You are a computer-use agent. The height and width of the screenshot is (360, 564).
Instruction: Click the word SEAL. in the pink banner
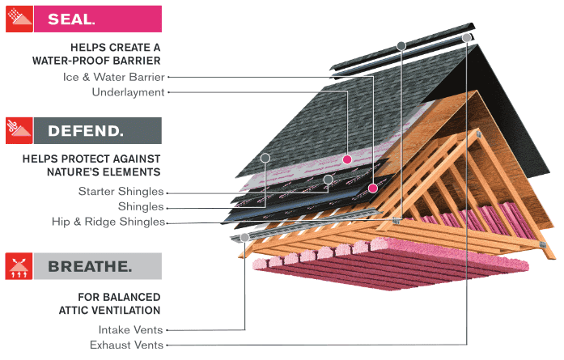click(x=71, y=19)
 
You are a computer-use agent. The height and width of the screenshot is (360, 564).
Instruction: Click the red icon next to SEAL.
click(x=19, y=19)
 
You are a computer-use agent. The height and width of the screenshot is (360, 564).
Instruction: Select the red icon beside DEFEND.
click(x=19, y=130)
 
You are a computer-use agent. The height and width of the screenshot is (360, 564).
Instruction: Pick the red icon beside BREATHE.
click(x=19, y=266)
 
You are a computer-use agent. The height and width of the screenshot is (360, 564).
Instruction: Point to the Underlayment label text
click(x=128, y=92)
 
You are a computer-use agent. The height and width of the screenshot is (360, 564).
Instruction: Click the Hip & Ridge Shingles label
click(x=108, y=221)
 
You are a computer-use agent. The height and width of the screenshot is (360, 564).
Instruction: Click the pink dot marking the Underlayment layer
click(x=347, y=159)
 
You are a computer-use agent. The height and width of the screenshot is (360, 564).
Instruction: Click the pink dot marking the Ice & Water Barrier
click(x=372, y=188)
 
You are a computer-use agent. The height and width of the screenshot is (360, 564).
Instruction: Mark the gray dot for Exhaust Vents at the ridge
click(x=467, y=37)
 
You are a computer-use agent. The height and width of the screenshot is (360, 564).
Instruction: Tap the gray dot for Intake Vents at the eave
click(x=245, y=237)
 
